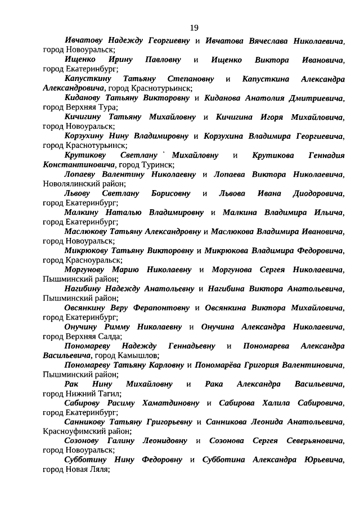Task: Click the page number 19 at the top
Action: coord(194,28)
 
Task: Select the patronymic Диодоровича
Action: coord(318,194)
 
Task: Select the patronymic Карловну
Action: coord(165,365)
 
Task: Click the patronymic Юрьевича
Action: coord(323,460)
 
